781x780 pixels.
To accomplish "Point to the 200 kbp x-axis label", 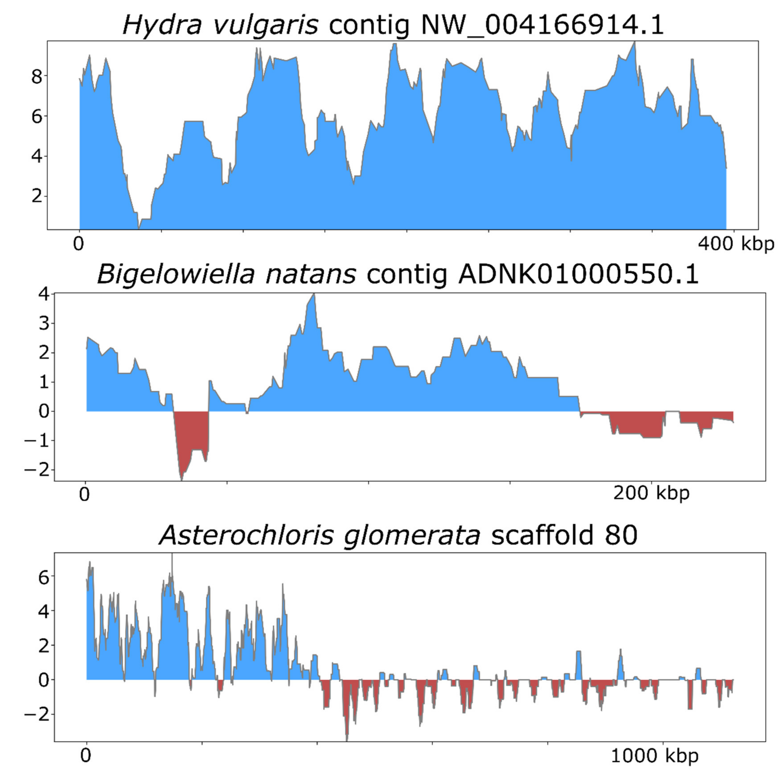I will (x=651, y=493).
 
